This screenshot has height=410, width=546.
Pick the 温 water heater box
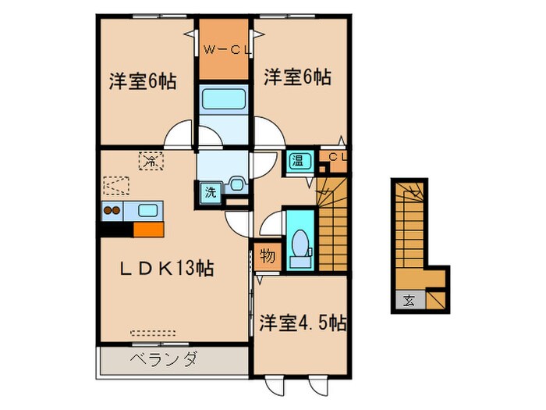tap(298, 162)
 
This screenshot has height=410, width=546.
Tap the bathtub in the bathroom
tap(225, 98)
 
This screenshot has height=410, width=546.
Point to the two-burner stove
tap(112, 210)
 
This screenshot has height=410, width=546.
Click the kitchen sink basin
tap(147, 210)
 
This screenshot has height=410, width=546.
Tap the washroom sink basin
tap(236, 185)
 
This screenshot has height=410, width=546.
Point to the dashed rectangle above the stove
tap(115, 186)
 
